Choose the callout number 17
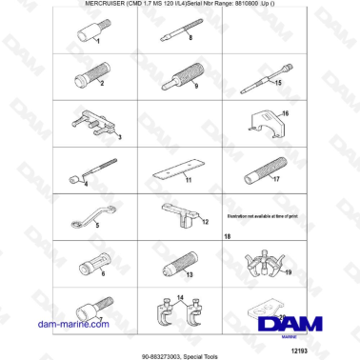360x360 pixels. click(x=275, y=177)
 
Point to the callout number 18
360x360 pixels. click(x=227, y=235)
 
